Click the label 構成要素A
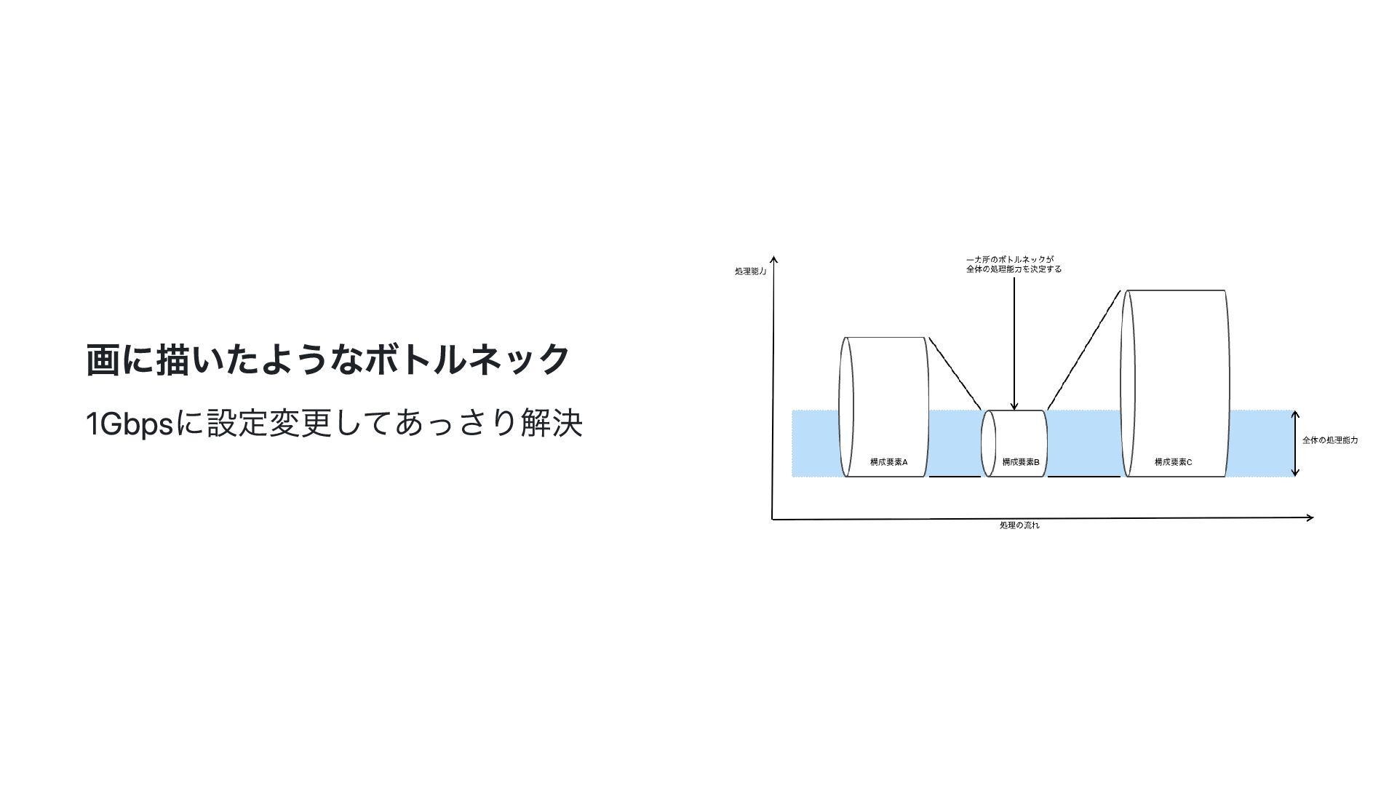coord(888,462)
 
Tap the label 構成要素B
coord(1020,462)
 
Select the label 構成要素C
coord(1173,462)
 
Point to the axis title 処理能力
coord(750,271)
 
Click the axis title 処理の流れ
coord(1019,525)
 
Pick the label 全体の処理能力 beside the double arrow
coord(1329,440)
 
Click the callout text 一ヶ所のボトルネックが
coord(1010,260)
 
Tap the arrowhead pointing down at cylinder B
coord(1014,406)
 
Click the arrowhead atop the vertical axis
coord(774,260)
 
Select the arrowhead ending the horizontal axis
coord(1309,517)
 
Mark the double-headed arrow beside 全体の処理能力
coord(1295,443)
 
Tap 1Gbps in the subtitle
coord(130,424)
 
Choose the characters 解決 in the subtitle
coord(552,424)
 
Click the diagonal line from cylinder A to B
coord(955,373)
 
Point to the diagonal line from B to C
coord(1083,350)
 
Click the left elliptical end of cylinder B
coord(988,444)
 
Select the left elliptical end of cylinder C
coord(1128,384)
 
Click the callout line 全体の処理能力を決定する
coord(1014,269)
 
